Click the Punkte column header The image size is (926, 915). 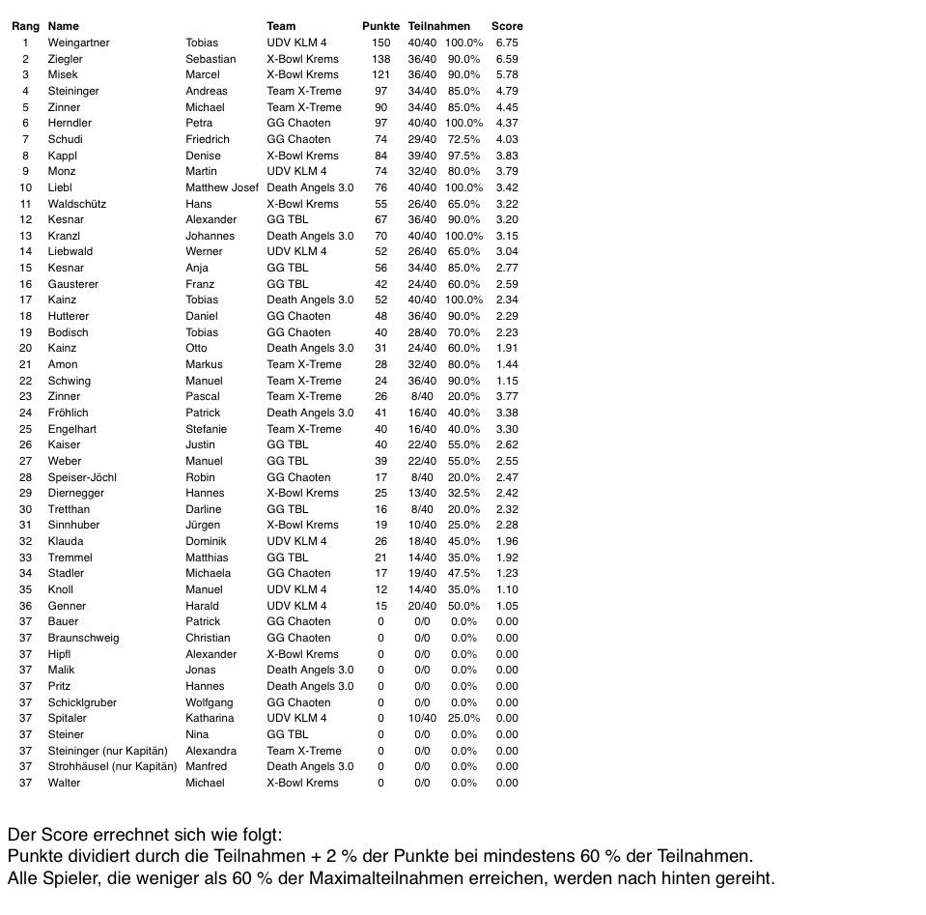click(380, 26)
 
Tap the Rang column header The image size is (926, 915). click(25, 26)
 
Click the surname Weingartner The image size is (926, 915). click(78, 43)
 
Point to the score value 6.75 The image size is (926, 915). click(506, 43)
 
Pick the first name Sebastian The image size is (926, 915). click(210, 59)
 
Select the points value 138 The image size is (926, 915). click(380, 59)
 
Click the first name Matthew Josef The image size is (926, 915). click(222, 187)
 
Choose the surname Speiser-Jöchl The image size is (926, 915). click(82, 477)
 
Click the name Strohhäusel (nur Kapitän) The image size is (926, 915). click(112, 766)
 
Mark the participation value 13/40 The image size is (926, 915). click(422, 493)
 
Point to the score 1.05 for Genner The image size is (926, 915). click(506, 606)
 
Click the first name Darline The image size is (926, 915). click(203, 509)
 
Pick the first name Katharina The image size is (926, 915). click(210, 718)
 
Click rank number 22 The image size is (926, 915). click(25, 381)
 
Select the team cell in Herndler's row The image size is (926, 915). click(298, 123)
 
